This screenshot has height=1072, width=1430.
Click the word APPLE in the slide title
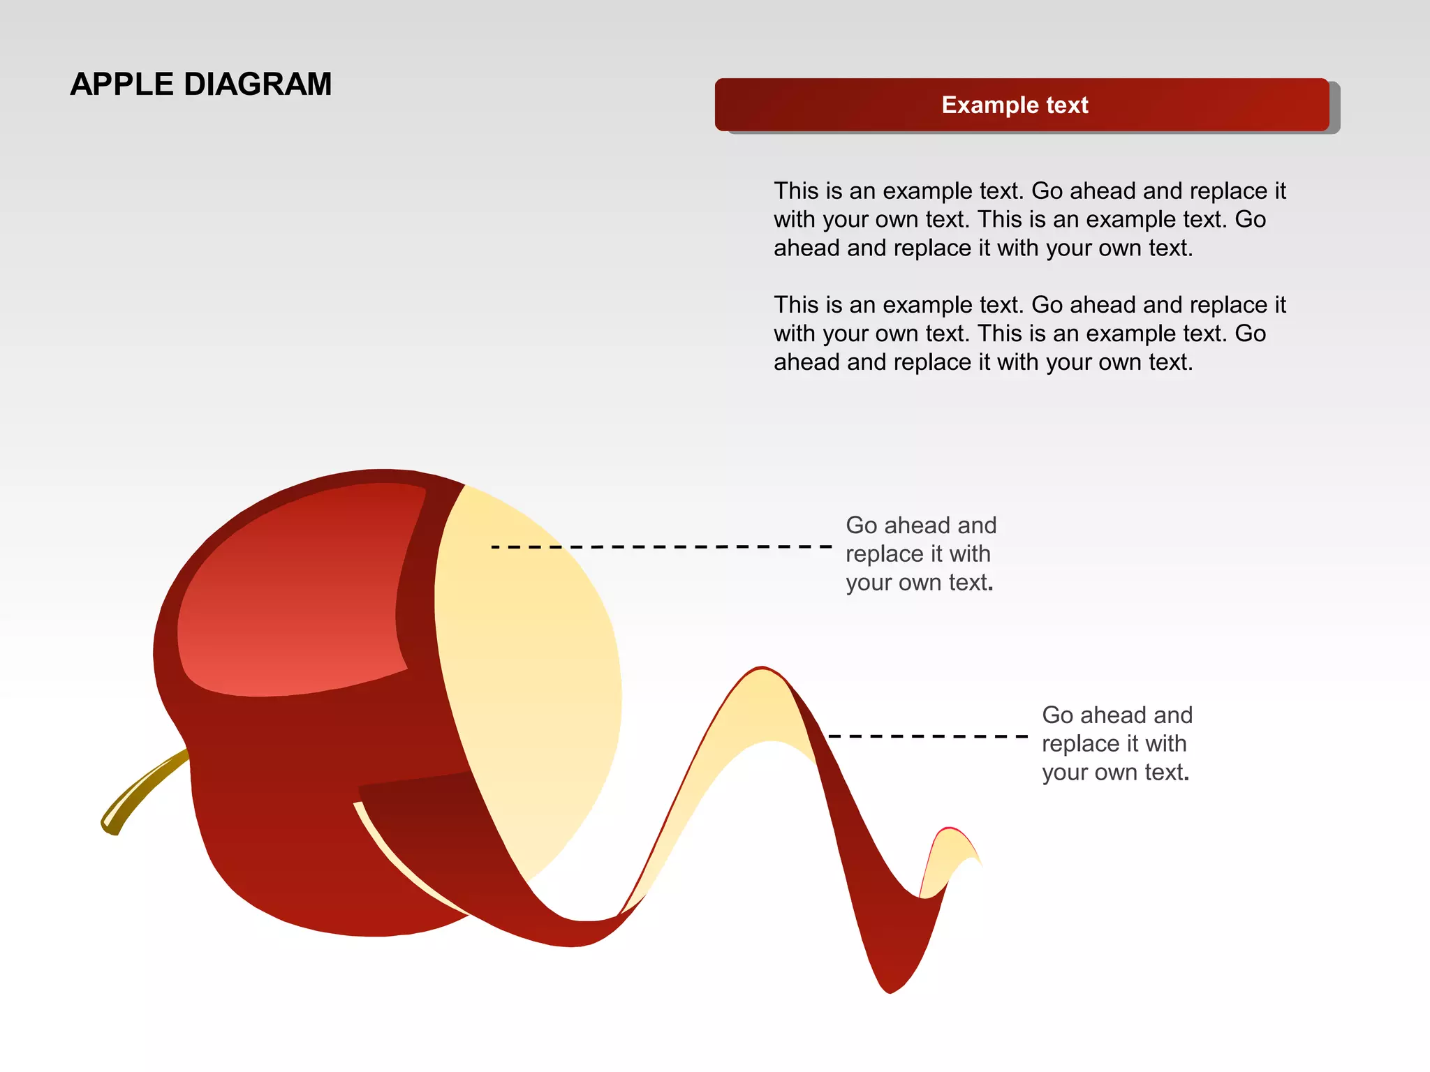[x=121, y=84]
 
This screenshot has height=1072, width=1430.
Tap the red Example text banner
[x=838, y=105]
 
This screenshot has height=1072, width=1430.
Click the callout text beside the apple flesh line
[x=920, y=553]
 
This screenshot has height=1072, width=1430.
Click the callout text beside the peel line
[x=1116, y=743]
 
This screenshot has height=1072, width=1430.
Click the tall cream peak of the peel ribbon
[x=761, y=705]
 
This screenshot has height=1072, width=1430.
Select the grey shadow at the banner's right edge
[x=1334, y=108]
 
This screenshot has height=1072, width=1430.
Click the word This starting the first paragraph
[x=795, y=191]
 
